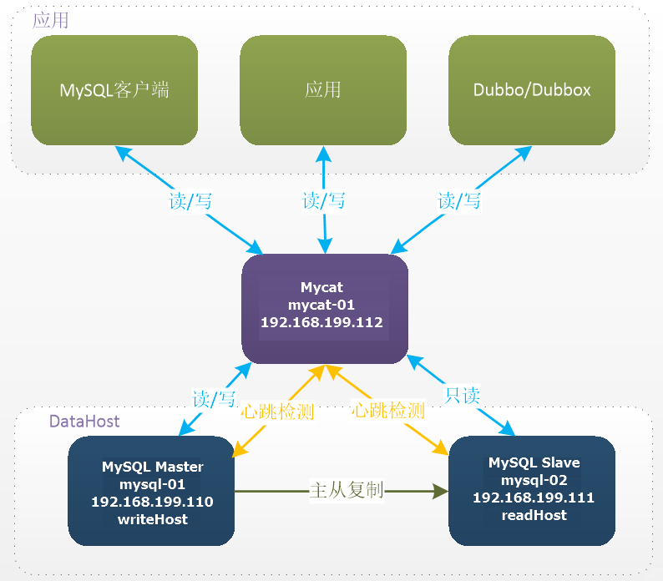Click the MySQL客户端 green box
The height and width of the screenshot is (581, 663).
tap(114, 90)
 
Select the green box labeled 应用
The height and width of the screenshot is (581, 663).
tap(323, 90)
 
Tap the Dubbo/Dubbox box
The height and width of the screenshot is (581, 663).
tap(532, 90)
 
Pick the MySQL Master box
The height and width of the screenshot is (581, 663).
tap(151, 492)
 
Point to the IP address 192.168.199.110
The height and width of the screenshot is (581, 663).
tap(152, 503)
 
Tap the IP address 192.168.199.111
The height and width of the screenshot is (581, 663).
tap(534, 498)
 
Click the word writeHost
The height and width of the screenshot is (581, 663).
tap(152, 520)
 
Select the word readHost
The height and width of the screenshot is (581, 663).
tap(534, 515)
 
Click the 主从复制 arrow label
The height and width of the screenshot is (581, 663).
tap(347, 490)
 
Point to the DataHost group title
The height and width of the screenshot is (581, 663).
tap(84, 422)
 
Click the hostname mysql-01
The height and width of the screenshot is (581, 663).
tap(152, 484)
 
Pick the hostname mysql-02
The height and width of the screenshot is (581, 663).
tap(534, 480)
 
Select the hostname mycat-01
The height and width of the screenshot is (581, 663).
tap(321, 305)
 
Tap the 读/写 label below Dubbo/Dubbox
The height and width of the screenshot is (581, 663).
tap(459, 200)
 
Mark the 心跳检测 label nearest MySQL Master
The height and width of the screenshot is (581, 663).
tap(277, 411)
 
